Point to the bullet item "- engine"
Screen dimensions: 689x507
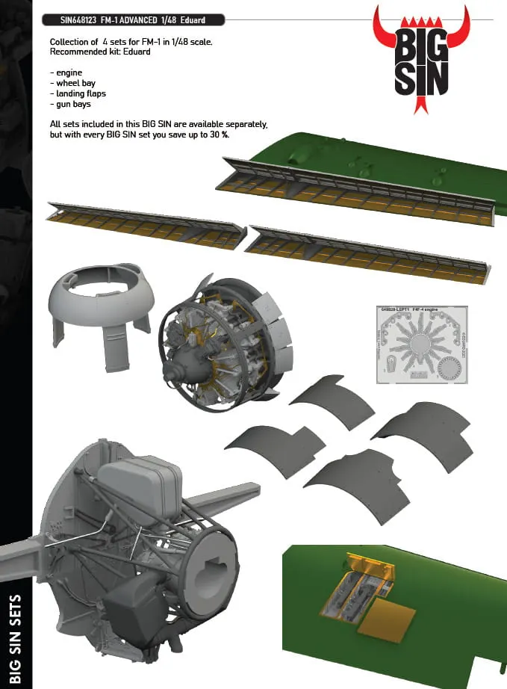[68, 72]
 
